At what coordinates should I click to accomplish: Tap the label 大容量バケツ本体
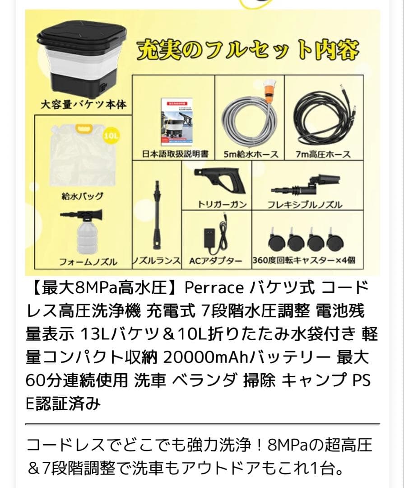click(x=83, y=105)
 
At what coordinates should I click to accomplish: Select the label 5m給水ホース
click(x=251, y=154)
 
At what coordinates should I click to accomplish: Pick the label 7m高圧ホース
click(x=323, y=154)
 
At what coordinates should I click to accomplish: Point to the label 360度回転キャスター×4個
click(x=304, y=261)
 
